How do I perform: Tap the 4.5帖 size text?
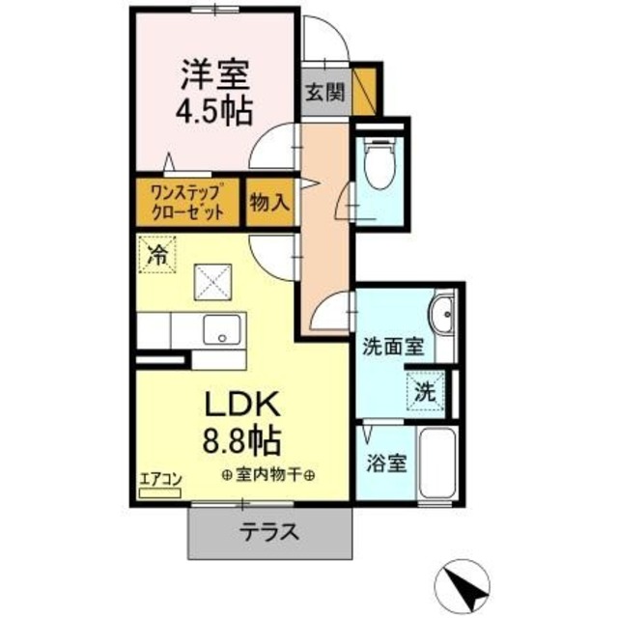click(x=213, y=110)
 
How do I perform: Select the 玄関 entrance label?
click(x=323, y=93)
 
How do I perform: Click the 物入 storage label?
click(x=268, y=202)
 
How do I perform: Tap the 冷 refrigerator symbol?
click(x=155, y=255)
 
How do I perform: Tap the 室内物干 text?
click(x=270, y=474)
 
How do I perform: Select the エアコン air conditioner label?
click(x=158, y=478)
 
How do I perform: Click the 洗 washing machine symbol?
click(x=424, y=392)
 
